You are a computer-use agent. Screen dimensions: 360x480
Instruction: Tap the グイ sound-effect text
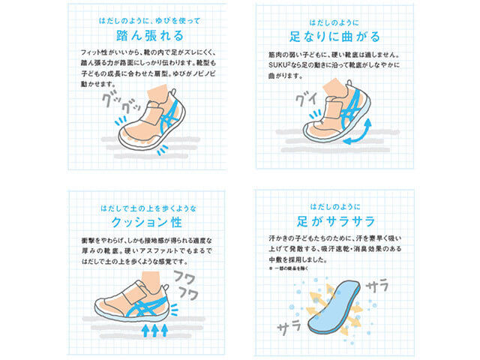tap(306, 99)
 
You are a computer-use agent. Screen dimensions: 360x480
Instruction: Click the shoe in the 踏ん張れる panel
tap(150, 124)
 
